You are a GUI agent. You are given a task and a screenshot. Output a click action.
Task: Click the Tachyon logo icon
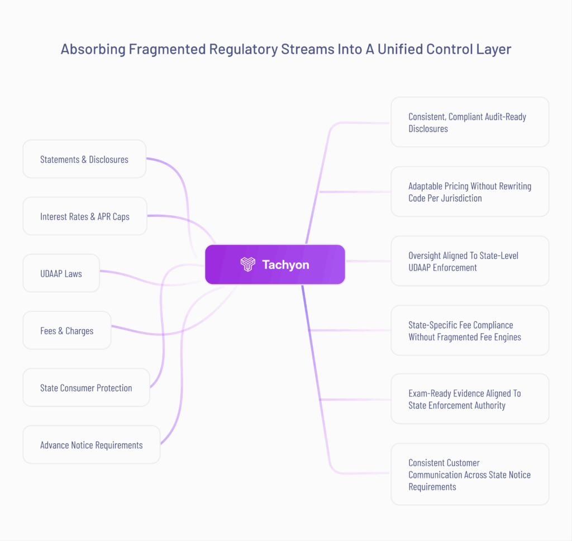coord(247,264)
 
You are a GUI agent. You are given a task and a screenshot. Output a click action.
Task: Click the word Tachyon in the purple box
coord(285,264)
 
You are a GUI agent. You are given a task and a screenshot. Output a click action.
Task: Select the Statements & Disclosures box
coord(84,159)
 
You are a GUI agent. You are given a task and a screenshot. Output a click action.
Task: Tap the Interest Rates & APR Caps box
coord(84,216)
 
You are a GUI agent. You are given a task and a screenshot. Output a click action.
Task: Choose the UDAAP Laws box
coord(61,273)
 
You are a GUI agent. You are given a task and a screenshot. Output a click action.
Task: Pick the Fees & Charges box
coord(67,330)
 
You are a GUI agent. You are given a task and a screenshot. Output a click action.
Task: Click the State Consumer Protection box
coord(86,387)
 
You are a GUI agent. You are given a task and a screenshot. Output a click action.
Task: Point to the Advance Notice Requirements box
coord(91,445)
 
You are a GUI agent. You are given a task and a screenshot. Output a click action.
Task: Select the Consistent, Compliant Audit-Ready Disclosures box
coord(469,122)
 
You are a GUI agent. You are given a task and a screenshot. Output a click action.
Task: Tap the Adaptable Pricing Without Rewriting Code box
coord(469,192)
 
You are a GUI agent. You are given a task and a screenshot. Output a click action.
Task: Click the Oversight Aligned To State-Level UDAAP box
coord(469,261)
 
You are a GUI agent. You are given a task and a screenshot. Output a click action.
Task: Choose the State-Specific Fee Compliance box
coord(469,330)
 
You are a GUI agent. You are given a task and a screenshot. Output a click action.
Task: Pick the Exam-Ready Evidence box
coord(469,399)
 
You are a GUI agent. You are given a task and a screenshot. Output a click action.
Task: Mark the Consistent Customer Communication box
coord(469,474)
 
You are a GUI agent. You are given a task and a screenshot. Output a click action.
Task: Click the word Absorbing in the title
coord(93,49)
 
